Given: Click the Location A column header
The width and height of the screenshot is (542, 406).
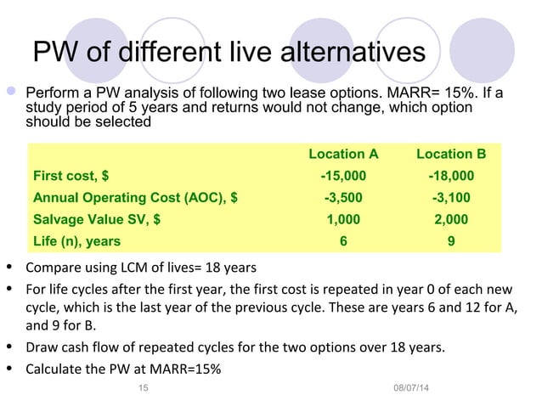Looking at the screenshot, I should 343,154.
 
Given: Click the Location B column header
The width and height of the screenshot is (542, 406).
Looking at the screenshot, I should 451,154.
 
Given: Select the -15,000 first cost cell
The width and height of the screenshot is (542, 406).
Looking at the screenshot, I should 343,176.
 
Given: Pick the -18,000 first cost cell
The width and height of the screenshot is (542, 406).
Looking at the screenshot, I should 451,176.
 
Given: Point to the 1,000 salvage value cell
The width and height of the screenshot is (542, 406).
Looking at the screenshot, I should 343,219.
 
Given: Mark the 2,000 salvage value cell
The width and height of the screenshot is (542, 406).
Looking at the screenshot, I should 451,219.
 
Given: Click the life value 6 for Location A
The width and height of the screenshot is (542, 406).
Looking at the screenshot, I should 343,241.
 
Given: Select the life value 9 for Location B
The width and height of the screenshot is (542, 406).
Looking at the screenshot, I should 451,241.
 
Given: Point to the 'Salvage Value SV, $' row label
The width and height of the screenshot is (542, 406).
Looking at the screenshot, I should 97,219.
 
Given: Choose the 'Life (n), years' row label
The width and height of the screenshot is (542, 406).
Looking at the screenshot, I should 76,241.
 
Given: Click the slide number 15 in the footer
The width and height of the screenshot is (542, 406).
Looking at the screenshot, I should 143,388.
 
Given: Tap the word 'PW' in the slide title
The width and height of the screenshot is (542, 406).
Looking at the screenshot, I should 54,52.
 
